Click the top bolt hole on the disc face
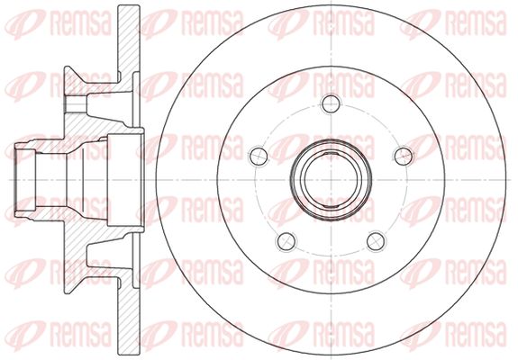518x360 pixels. (331, 103)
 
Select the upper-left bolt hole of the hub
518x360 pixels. (259, 156)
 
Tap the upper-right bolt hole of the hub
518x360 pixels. (404, 156)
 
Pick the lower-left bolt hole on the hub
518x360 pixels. (286, 241)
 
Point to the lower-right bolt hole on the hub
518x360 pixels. (376, 241)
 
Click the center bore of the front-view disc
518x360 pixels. (331, 180)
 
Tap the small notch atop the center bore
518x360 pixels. (331, 153)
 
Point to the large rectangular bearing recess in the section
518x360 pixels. (125, 180)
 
